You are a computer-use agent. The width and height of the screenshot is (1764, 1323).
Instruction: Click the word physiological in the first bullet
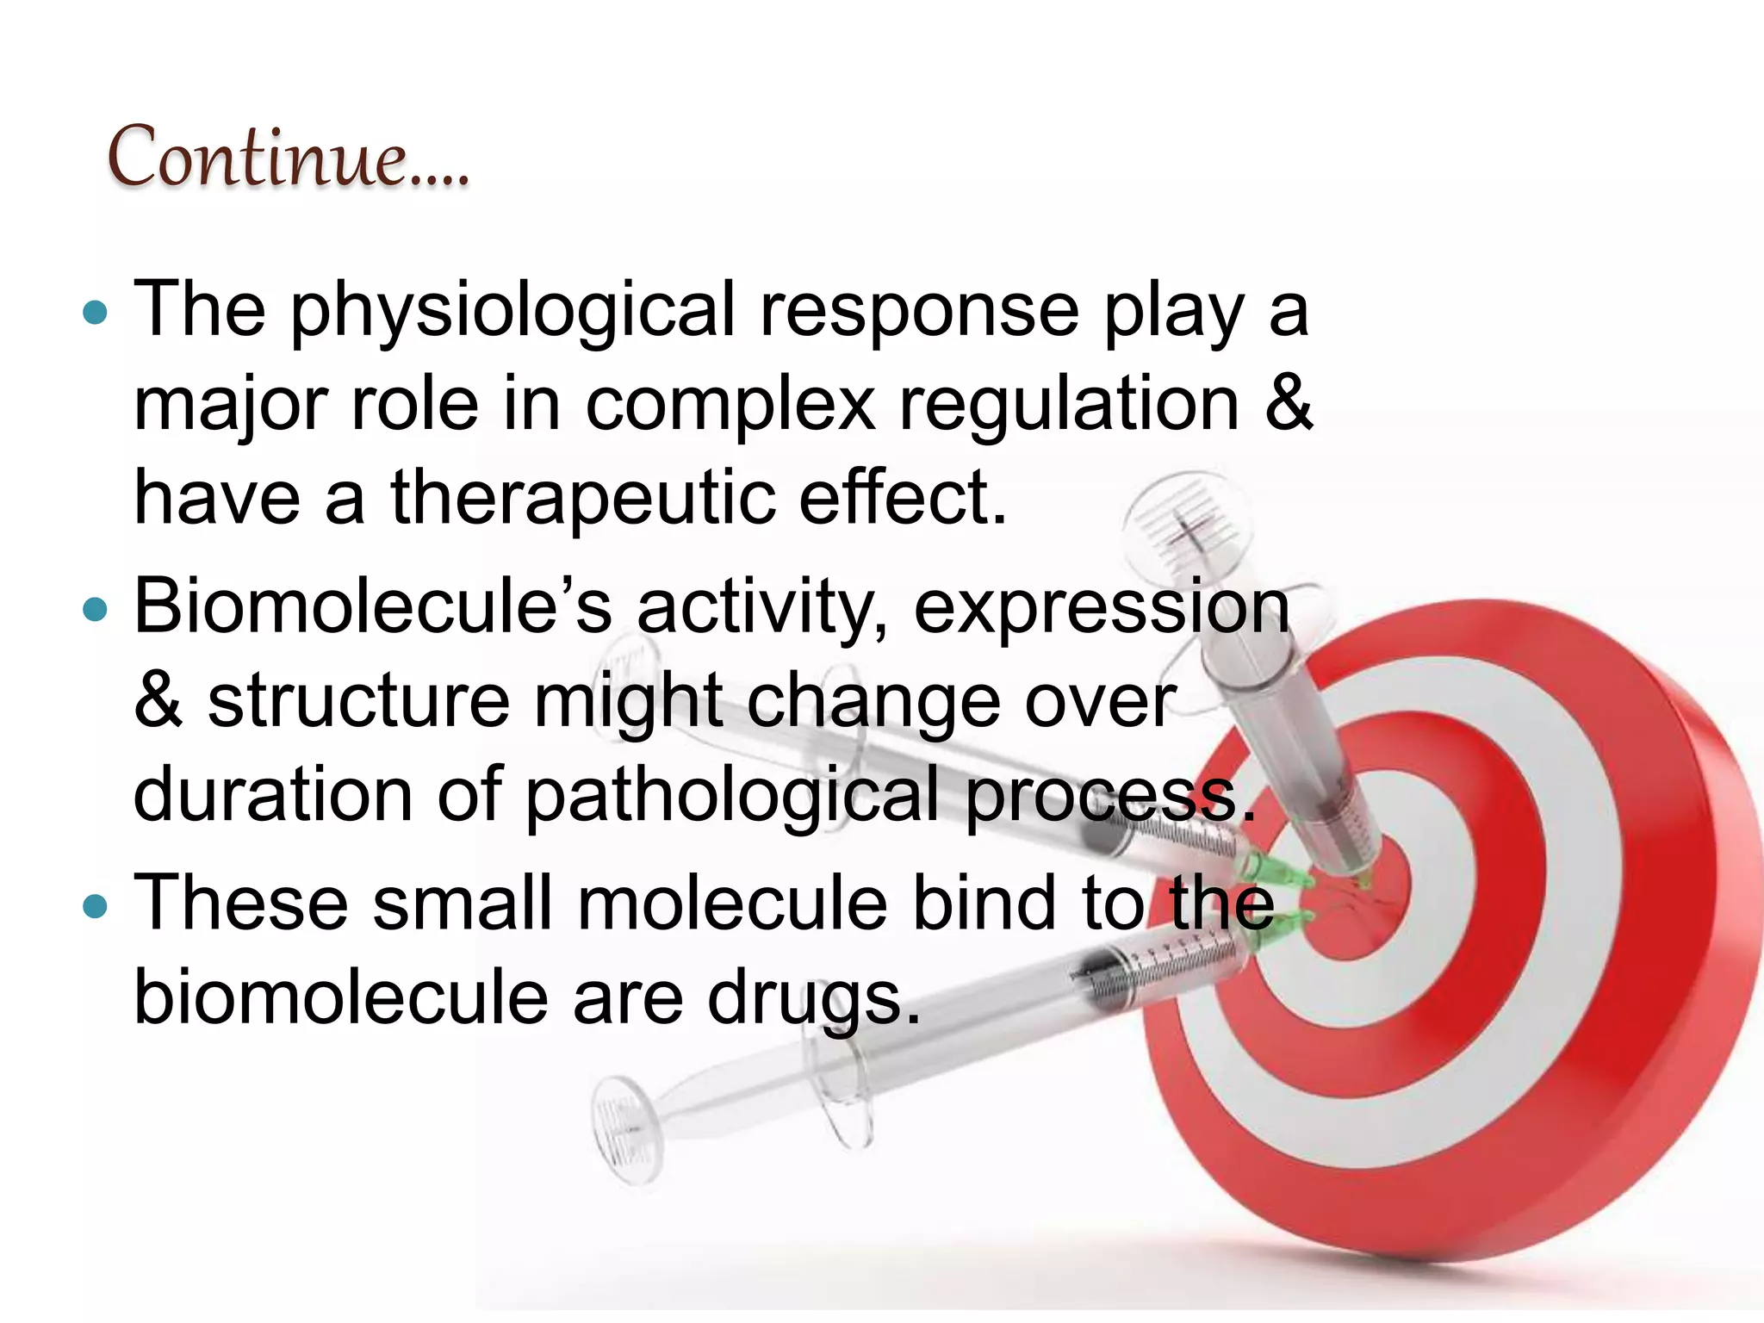tap(513, 312)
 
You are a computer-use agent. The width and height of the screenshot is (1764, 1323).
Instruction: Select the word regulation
tap(1069, 405)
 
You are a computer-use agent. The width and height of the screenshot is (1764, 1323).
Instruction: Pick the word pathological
tap(732, 795)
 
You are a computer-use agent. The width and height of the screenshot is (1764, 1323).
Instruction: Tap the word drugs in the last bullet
tap(814, 1000)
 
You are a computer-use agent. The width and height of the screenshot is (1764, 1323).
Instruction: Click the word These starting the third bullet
tap(241, 903)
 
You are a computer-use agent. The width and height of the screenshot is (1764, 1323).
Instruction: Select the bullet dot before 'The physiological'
tap(95, 312)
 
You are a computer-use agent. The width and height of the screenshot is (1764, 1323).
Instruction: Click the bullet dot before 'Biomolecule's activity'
tap(95, 610)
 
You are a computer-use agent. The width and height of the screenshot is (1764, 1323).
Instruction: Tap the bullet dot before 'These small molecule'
tap(95, 906)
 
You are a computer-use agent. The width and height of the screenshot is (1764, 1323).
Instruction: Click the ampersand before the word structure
tap(158, 699)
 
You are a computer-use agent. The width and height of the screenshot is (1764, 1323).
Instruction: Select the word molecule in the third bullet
tap(732, 903)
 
